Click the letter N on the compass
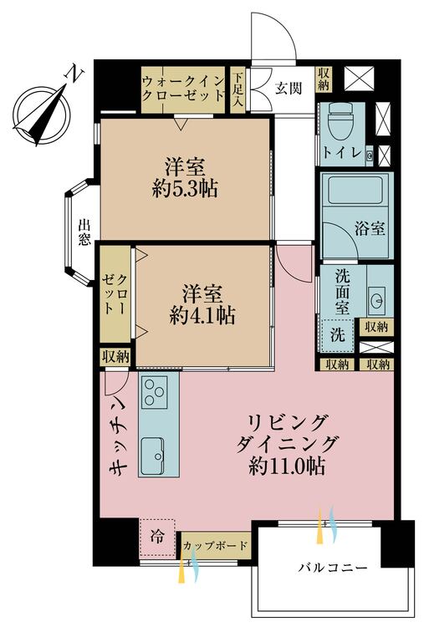click(x=74, y=74)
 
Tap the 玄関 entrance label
click(x=288, y=88)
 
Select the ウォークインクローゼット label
click(x=183, y=89)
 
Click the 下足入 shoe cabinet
click(x=238, y=90)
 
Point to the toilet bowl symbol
click(x=340, y=121)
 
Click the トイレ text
click(x=342, y=152)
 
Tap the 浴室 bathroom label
click(x=370, y=228)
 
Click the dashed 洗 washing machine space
click(x=338, y=335)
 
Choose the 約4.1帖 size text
click(x=202, y=316)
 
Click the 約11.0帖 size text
click(x=286, y=466)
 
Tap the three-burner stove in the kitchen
click(x=153, y=392)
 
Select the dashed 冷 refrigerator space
click(x=157, y=538)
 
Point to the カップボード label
click(x=215, y=545)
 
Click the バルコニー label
click(x=332, y=568)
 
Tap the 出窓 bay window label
click(x=84, y=232)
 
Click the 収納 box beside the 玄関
click(x=324, y=79)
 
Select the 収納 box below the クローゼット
click(x=115, y=356)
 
